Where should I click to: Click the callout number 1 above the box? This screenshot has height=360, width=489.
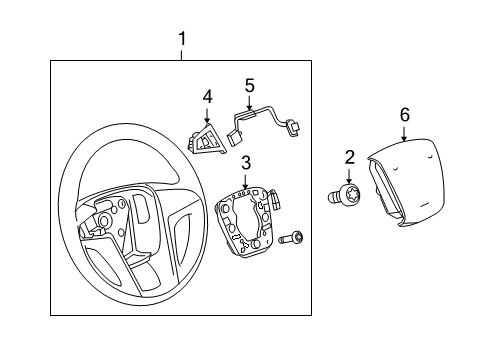181,40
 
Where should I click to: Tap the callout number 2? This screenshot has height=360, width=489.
350,156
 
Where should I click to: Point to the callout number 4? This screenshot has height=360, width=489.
207,97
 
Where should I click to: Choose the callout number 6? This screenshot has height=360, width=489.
405,115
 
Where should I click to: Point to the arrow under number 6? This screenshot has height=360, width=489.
405,133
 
